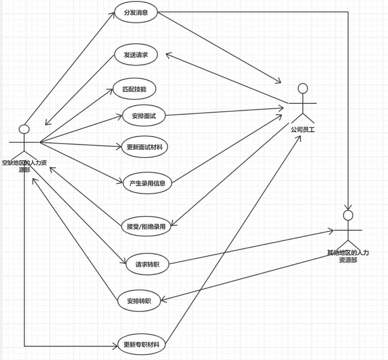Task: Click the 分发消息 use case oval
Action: (x=136, y=12)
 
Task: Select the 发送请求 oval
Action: (x=136, y=55)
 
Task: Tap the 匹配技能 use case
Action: (x=134, y=89)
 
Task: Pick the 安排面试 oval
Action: (x=144, y=116)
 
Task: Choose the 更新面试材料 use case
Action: (x=145, y=147)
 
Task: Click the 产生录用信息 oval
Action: (x=147, y=183)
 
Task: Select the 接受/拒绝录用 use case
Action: (x=146, y=226)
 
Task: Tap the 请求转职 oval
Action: (x=147, y=264)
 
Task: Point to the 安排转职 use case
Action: (x=139, y=301)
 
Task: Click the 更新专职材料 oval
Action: (x=142, y=344)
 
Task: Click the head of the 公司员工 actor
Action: (x=303, y=88)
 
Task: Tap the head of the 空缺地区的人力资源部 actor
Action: (x=24, y=129)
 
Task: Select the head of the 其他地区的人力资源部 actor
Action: (x=348, y=215)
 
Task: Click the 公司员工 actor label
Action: (x=303, y=129)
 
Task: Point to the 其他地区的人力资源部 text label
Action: (x=348, y=256)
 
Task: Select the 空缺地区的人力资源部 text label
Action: (x=24, y=166)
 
